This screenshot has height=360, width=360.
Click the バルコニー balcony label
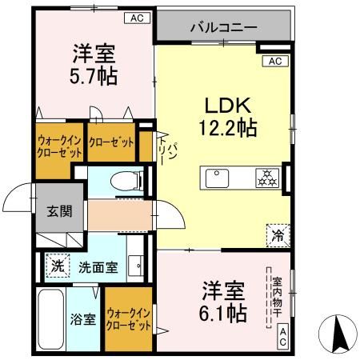[x=223, y=26]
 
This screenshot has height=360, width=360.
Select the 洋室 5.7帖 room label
[x=95, y=65]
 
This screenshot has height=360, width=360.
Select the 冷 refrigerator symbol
[x=276, y=235]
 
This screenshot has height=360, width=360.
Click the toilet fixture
[x=125, y=182]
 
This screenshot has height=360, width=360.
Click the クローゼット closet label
[x=111, y=142]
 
